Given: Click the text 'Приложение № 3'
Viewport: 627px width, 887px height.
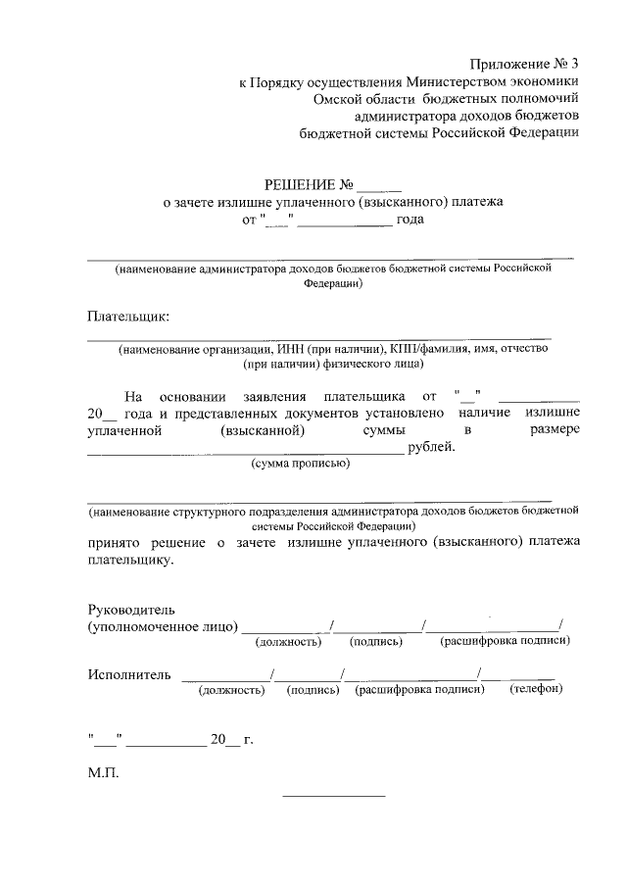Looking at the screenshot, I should pos(519,63).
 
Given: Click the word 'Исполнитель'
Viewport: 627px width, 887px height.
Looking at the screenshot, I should pos(128,674).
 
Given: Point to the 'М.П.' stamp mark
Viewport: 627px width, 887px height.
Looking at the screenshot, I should pos(102,772).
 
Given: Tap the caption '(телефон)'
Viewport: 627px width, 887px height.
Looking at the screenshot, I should pos(537,690).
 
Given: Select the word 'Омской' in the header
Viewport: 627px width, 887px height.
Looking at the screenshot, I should pos(343,99).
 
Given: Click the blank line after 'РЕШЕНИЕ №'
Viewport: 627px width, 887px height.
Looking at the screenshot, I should pos(379,186).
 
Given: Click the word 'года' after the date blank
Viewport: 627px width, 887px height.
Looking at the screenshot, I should pos(410,220).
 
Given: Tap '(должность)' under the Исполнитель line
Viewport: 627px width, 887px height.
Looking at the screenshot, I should pos(232,690).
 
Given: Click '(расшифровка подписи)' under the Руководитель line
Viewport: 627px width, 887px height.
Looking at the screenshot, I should pos(506,641).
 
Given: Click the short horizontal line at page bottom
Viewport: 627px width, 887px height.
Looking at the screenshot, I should pos(334,794).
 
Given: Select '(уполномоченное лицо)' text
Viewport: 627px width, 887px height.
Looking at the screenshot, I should pos(162,625).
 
